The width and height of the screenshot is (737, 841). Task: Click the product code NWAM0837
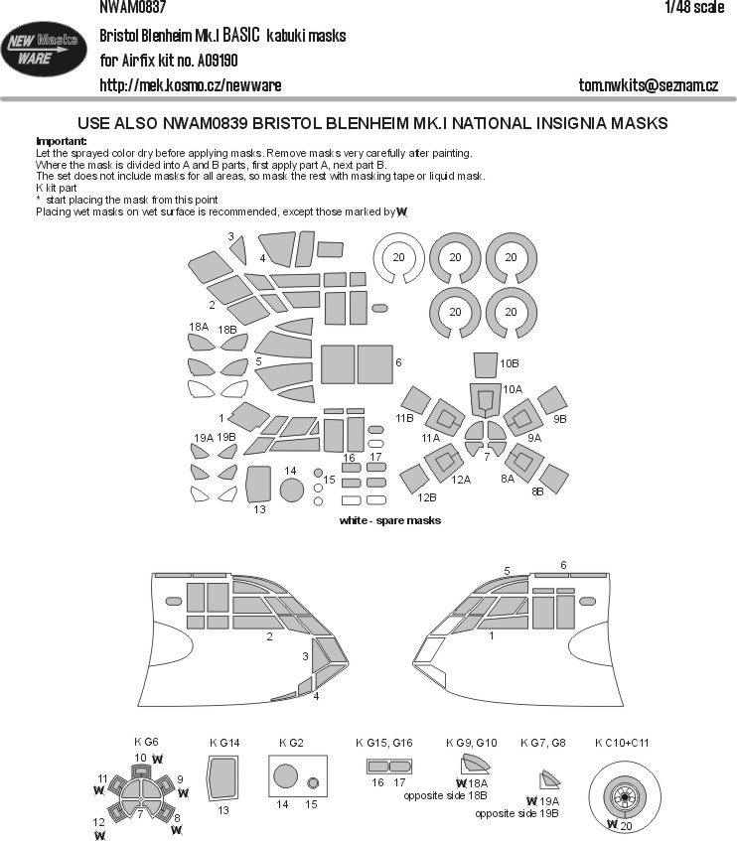133,7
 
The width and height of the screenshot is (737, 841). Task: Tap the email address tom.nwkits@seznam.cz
648,85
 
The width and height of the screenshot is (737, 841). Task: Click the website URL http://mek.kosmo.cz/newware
191,85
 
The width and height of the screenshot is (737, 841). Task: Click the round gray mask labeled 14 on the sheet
291,489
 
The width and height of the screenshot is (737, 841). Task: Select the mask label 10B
510,364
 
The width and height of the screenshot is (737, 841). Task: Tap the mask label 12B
426,496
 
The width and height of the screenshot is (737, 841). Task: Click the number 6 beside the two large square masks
398,363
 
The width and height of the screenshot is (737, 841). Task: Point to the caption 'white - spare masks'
390,520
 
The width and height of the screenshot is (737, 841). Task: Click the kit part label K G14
225,742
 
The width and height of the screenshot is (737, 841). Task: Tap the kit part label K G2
290,742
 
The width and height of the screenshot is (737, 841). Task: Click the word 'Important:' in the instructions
61,142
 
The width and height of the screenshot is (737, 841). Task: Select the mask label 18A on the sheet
198,327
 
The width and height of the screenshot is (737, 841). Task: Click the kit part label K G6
146,742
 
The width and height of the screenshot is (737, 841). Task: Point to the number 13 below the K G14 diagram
224,810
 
